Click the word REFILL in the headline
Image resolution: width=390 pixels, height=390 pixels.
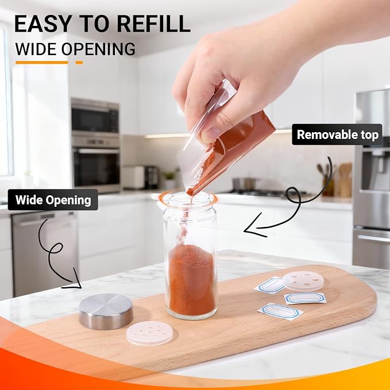[x=154, y=24]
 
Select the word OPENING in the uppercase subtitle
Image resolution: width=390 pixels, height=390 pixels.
[x=98, y=49]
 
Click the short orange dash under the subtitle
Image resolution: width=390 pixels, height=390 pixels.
[x=79, y=63]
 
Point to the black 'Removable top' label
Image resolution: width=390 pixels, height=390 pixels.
[x=337, y=134]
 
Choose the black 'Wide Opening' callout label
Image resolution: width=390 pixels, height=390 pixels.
[x=53, y=200]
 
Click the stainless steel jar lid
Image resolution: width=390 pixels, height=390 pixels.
[x=106, y=311]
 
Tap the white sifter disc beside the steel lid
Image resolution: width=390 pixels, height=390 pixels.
[x=149, y=333]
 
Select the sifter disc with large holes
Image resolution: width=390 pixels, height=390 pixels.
[x=303, y=281]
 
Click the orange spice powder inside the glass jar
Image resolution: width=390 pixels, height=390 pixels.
[x=191, y=280]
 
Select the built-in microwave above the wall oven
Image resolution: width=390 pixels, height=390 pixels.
[x=95, y=115]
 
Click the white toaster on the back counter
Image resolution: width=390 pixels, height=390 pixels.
[x=134, y=177]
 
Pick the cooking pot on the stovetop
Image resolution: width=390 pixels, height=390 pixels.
[x=244, y=184]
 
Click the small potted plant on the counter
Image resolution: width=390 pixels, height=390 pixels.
[x=170, y=180]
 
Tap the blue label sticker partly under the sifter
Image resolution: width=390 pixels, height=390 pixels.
[x=269, y=285]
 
